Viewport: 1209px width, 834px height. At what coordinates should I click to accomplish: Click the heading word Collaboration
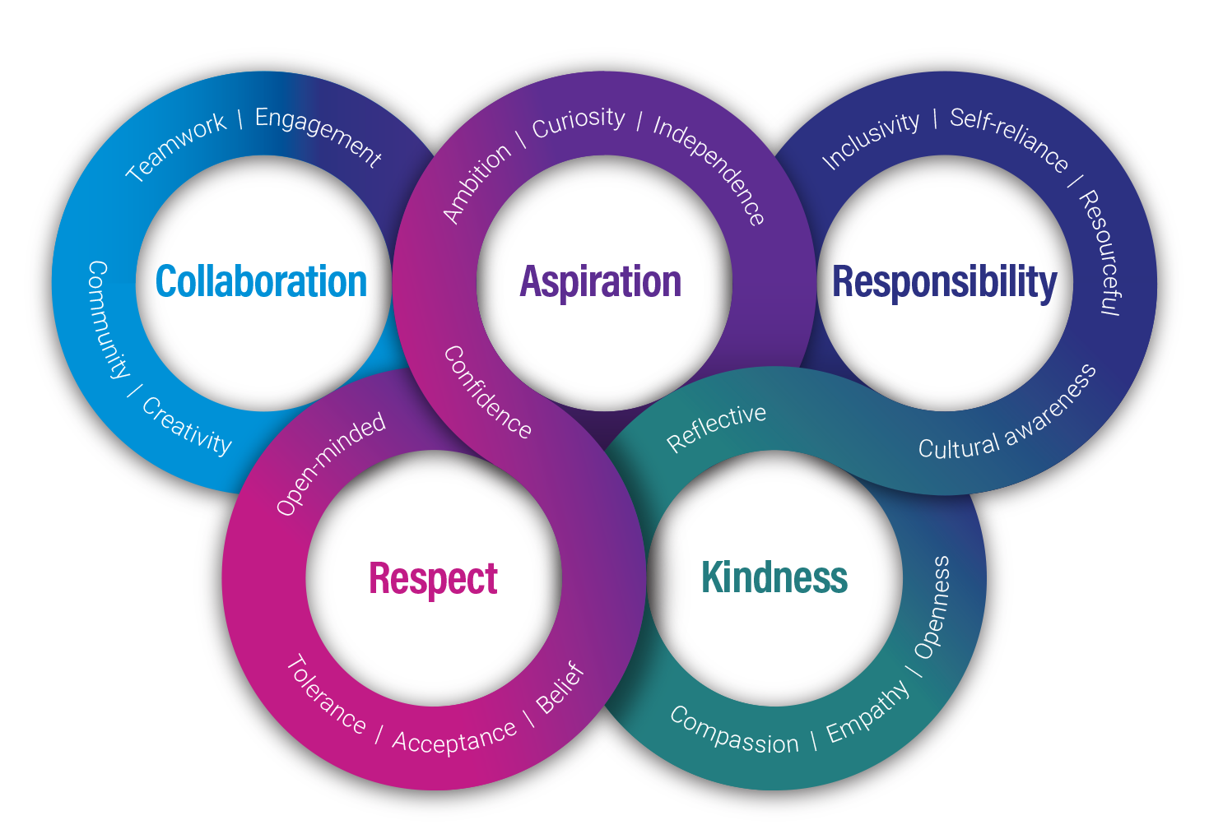(261, 282)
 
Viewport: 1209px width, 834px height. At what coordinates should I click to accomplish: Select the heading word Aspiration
(601, 282)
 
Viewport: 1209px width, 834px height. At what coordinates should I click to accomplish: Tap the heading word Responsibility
(944, 282)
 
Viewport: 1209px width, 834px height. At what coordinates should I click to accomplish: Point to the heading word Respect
(433, 578)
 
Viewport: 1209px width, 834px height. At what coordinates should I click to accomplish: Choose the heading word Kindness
(774, 577)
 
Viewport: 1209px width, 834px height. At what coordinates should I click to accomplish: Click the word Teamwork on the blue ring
(175, 147)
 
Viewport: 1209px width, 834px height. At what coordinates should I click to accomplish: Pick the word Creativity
(188, 426)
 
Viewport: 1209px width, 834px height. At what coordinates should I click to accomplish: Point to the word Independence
(710, 169)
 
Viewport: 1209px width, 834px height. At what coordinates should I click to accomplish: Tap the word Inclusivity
(871, 140)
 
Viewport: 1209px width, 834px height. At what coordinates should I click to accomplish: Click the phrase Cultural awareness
(1007, 415)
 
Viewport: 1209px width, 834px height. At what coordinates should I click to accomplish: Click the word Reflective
(716, 427)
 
